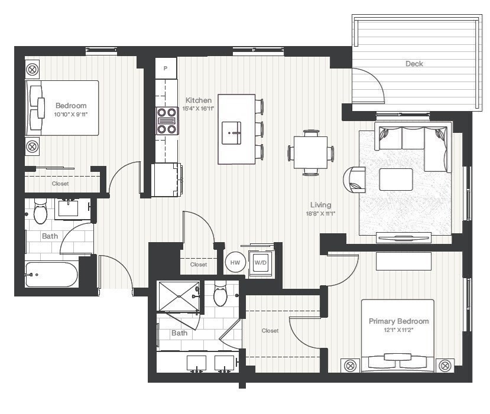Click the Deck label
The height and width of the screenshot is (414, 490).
tap(414, 64)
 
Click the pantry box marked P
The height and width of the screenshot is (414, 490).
tap(166, 68)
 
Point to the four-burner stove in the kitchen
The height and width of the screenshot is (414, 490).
tap(167, 121)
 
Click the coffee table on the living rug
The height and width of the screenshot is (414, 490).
tap(395, 180)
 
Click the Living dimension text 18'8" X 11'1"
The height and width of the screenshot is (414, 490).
tap(321, 214)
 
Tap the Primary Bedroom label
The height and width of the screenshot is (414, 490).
tap(398, 321)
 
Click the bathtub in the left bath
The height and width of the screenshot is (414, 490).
tap(51, 275)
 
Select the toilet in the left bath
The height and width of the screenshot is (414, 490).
tap(40, 213)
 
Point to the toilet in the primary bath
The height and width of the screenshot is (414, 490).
tap(220, 294)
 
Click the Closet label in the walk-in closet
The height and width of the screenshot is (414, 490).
tap(270, 331)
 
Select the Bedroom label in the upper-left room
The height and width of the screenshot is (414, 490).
tap(71, 106)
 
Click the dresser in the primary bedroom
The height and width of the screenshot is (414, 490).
tap(403, 261)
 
